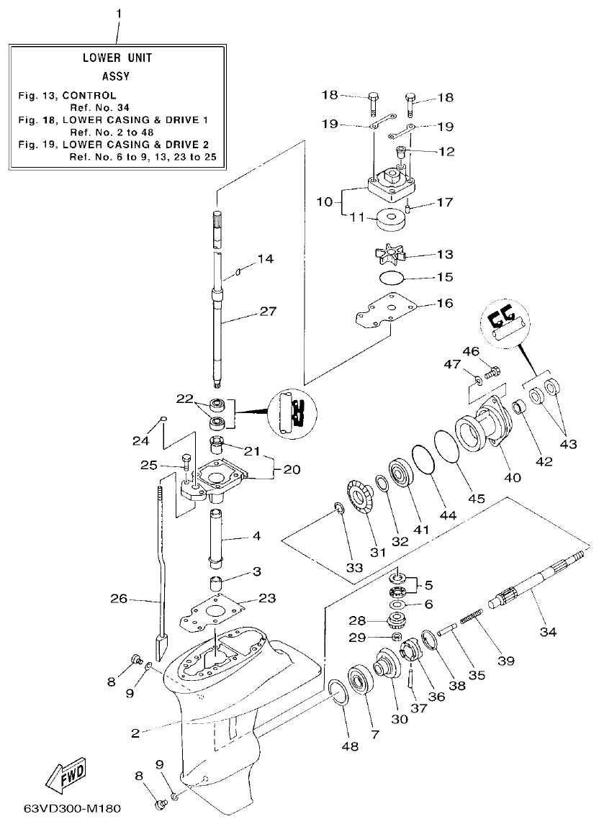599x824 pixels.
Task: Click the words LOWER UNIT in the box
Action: pos(117,58)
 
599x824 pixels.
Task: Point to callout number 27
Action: pos(267,312)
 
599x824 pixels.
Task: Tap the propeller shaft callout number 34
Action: pos(549,632)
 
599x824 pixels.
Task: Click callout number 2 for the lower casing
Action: pos(135,733)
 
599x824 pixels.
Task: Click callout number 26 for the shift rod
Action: pos(120,597)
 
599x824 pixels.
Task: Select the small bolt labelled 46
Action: pos(493,372)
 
